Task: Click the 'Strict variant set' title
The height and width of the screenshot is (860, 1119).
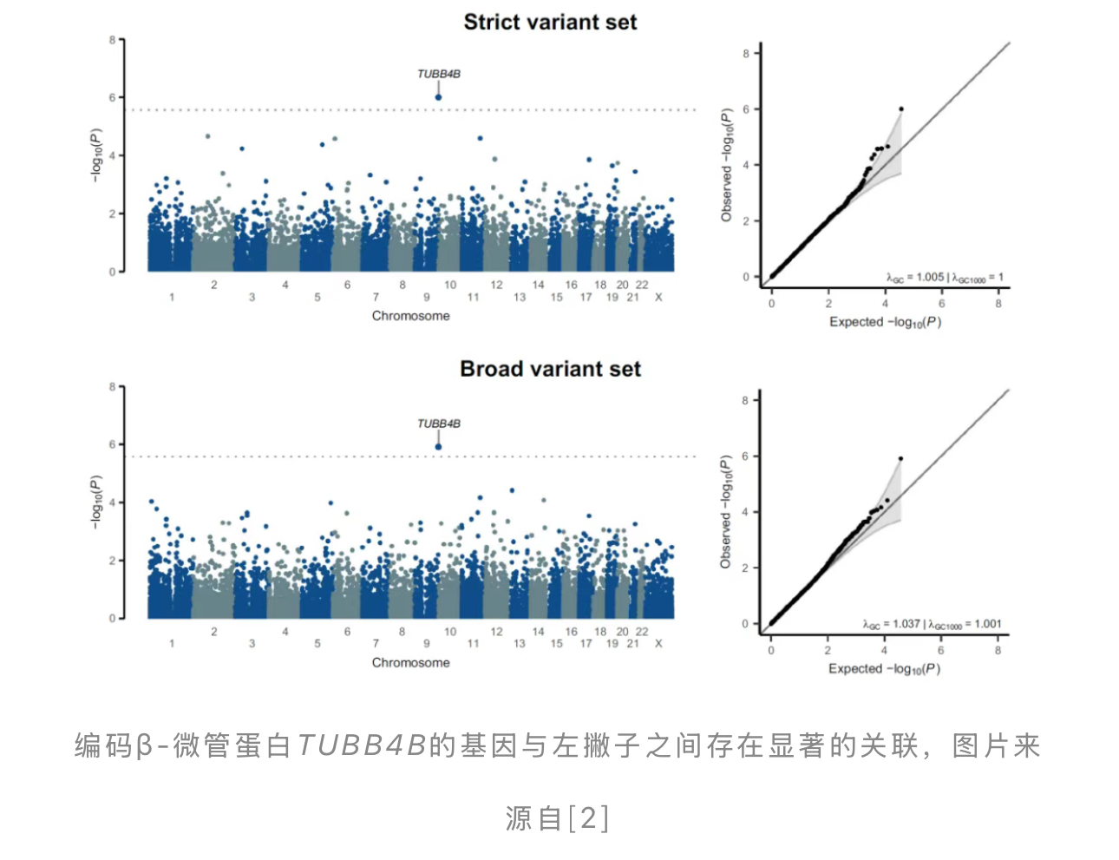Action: point(550,23)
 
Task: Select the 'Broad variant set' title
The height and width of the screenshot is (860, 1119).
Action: point(550,369)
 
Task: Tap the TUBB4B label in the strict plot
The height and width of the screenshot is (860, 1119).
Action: point(439,74)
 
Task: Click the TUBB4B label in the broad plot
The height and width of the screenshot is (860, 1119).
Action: point(439,423)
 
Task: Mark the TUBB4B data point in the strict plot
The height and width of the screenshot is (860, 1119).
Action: point(439,97)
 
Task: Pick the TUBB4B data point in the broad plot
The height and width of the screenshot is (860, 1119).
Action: point(439,447)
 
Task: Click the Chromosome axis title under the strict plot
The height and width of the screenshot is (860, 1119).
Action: point(411,316)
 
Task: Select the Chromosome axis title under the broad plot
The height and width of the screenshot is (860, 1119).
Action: point(411,662)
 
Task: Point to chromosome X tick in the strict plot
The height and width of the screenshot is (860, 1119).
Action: point(658,298)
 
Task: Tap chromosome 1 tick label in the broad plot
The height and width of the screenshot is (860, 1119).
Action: point(172,644)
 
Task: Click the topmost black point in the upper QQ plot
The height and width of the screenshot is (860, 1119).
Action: point(901,109)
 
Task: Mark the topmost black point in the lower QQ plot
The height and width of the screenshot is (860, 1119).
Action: point(901,458)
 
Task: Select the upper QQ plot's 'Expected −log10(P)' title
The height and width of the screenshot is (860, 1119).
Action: point(885,322)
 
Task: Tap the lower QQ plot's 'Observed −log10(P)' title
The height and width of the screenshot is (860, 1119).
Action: point(726,512)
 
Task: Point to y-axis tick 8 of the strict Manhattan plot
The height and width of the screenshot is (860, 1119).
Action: point(112,40)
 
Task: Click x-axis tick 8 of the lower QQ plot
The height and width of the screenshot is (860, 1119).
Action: point(998,650)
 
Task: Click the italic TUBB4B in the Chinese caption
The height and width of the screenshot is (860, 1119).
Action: point(362,745)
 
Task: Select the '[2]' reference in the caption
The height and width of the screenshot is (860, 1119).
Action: point(588,817)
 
